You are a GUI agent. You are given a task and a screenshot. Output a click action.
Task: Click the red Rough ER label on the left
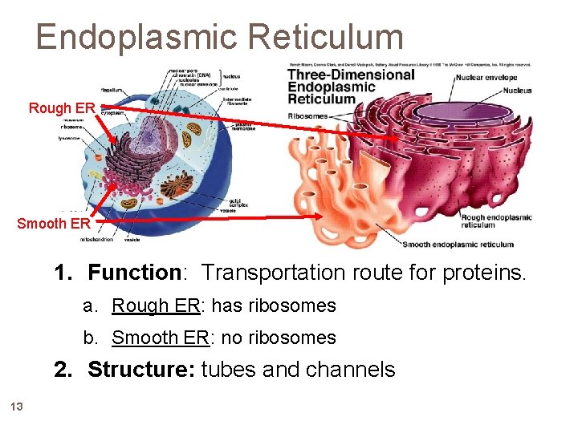(x=62, y=107)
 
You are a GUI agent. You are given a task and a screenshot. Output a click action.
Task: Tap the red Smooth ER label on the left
(x=54, y=223)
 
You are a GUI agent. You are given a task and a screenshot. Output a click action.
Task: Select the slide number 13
(x=17, y=407)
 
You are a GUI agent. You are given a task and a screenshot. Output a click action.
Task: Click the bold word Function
(x=134, y=273)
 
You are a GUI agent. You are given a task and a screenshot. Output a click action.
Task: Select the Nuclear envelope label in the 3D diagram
(x=492, y=78)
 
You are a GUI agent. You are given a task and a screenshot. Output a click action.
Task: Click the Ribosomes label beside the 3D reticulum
(x=307, y=115)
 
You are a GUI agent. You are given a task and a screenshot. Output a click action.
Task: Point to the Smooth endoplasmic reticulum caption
(x=458, y=245)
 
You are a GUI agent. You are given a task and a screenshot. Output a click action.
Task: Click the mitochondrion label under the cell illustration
(x=96, y=239)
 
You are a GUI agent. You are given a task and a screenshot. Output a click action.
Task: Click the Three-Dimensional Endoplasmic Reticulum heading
(x=351, y=87)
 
